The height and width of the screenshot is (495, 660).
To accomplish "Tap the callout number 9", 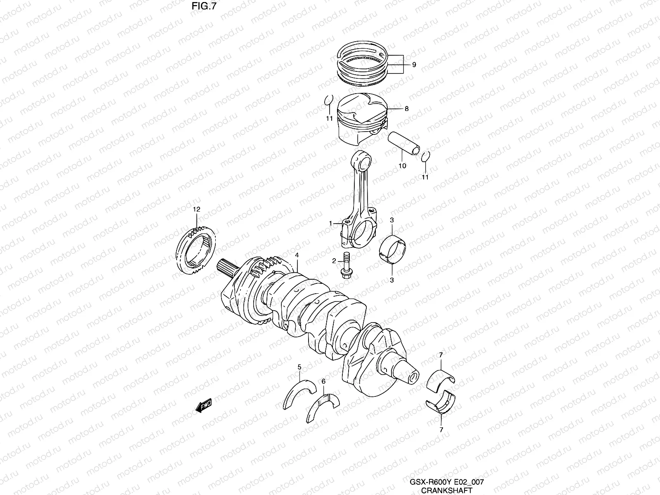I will (x=414, y=65).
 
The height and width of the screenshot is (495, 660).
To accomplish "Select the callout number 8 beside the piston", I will (x=406, y=109).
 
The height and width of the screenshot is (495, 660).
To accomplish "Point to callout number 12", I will (x=196, y=210).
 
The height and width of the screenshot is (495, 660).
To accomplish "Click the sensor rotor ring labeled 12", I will (x=196, y=252).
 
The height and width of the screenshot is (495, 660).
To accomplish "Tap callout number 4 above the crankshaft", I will (x=297, y=255).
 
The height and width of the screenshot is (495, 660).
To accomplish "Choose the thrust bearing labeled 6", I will (x=323, y=409).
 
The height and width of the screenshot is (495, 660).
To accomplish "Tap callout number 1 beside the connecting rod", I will (x=330, y=223).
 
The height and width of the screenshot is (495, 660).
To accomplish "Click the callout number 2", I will (x=335, y=261).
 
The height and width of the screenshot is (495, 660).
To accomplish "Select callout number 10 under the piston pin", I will (x=402, y=166).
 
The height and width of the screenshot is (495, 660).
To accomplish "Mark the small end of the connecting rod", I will (x=362, y=161).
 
